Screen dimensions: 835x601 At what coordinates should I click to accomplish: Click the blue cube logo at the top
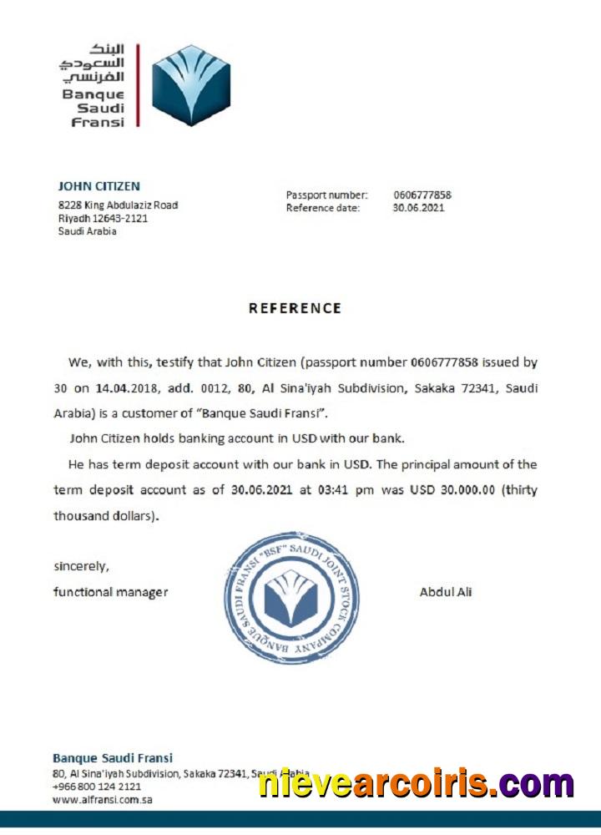[x=191, y=85]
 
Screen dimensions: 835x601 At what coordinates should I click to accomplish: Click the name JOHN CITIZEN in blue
[x=98, y=186]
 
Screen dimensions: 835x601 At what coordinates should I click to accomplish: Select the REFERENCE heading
[x=295, y=308]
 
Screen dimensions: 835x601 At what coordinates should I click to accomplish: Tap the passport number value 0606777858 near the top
[x=422, y=195]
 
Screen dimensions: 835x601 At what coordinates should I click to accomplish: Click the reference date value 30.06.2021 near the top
[x=419, y=208]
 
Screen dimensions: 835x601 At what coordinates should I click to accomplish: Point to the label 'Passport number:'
[x=326, y=195]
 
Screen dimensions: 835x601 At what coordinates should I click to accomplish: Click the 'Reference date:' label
[x=323, y=208]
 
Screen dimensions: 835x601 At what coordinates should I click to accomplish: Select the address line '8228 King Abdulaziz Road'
[x=118, y=205]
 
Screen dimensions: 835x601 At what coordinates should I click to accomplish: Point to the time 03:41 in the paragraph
[x=335, y=490]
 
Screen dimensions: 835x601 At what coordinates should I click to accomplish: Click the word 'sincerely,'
[x=81, y=566]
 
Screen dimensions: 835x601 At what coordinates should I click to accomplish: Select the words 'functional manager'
[x=110, y=592]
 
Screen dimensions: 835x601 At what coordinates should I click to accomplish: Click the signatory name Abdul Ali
[x=446, y=592]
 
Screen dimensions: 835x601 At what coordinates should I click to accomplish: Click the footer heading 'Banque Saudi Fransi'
[x=113, y=758]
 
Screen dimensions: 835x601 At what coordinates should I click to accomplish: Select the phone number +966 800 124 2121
[x=97, y=787]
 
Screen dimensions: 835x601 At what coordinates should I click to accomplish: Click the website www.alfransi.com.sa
[x=102, y=799]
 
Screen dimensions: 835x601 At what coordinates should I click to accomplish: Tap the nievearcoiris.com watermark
[x=416, y=784]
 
